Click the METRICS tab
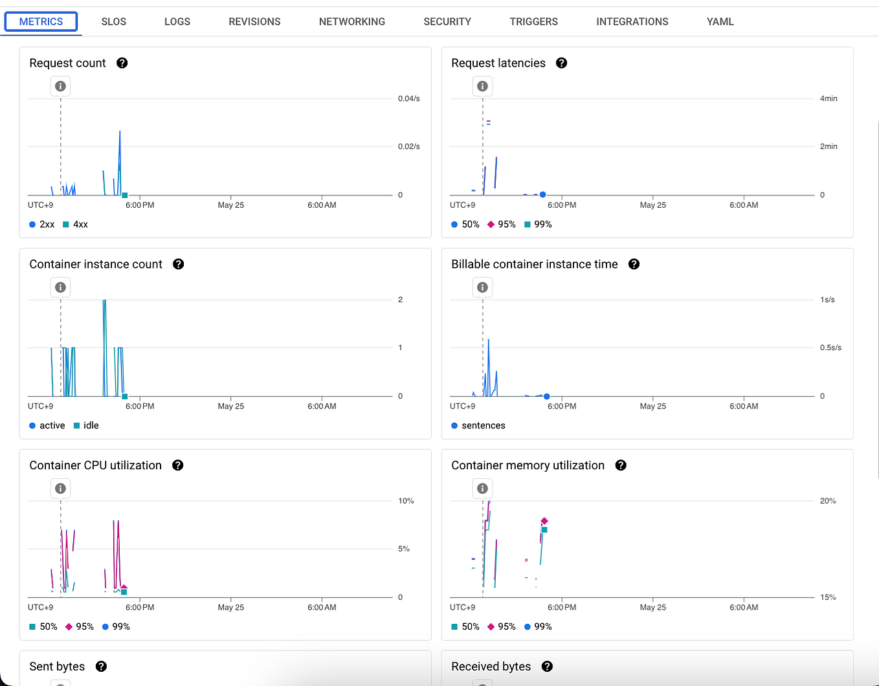pyautogui.click(x=41, y=21)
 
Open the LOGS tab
pyautogui.click(x=177, y=21)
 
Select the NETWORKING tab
pyautogui.click(x=351, y=21)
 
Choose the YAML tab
pyautogui.click(x=720, y=21)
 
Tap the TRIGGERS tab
pyautogui.click(x=533, y=21)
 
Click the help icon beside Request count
pyautogui.click(x=122, y=63)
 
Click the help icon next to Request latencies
pyautogui.click(x=561, y=63)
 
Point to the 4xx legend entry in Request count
pyautogui.click(x=75, y=225)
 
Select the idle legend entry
pyautogui.click(x=86, y=426)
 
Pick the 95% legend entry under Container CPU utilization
pyautogui.click(x=80, y=627)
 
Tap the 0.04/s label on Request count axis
pyautogui.click(x=408, y=99)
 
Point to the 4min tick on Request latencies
pyautogui.click(x=829, y=99)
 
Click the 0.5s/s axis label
pyautogui.click(x=830, y=348)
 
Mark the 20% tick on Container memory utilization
pyautogui.click(x=828, y=502)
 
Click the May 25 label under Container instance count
pyautogui.click(x=230, y=406)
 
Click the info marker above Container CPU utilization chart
pyautogui.click(x=60, y=489)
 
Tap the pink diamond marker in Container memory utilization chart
pyautogui.click(x=544, y=521)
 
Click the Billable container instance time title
pyautogui.click(x=534, y=264)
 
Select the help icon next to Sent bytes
pyautogui.click(x=101, y=667)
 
